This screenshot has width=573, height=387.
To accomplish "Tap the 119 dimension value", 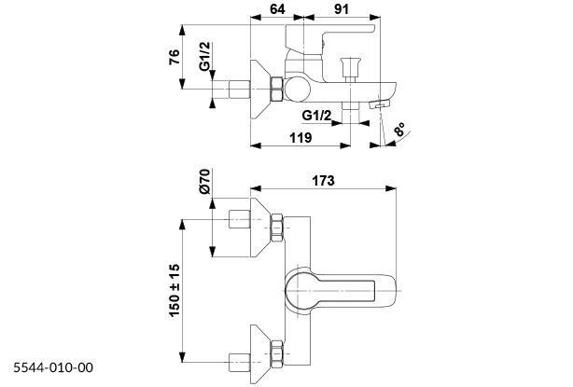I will tap(300, 137).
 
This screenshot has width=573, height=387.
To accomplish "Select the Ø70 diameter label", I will tap(205, 182).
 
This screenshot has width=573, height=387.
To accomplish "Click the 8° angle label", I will tap(400, 131).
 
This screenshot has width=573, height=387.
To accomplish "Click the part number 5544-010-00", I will tap(53, 368).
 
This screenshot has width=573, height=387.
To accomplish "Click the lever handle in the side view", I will tap(331, 37).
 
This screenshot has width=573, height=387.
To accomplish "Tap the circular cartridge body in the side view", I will tap(296, 90).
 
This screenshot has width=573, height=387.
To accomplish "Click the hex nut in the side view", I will tap(276, 90).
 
